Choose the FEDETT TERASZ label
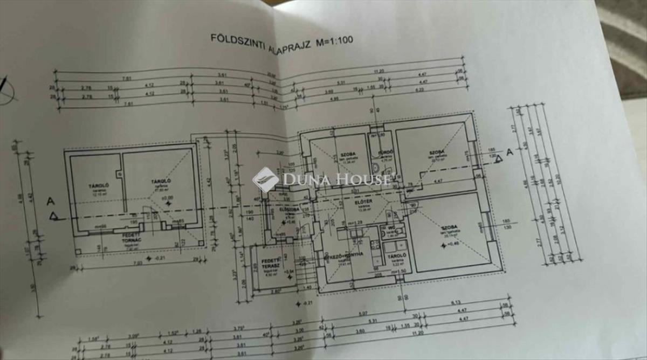(270, 262)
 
